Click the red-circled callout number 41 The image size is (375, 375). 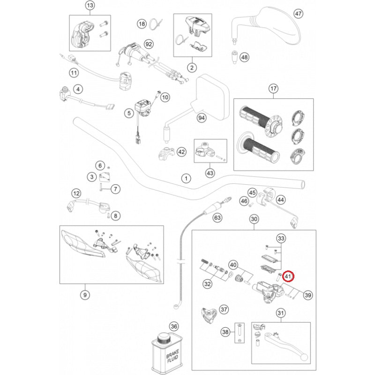click(x=288, y=277)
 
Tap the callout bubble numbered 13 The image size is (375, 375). click(x=90, y=6)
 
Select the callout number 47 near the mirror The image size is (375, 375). click(x=299, y=13)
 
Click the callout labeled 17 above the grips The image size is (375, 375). click(x=273, y=89)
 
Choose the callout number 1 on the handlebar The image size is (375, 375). click(x=186, y=179)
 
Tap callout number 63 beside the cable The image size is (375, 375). click(x=217, y=217)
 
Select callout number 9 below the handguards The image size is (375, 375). click(x=84, y=295)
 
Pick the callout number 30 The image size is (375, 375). click(x=254, y=219)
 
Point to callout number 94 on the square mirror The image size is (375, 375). click(x=202, y=118)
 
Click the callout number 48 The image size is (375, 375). click(x=244, y=57)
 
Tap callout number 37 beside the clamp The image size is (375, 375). click(x=224, y=309)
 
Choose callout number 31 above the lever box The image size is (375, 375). click(x=281, y=313)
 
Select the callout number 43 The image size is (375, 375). click(x=210, y=173)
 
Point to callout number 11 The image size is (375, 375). click(x=74, y=73)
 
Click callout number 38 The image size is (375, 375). click(x=225, y=332)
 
